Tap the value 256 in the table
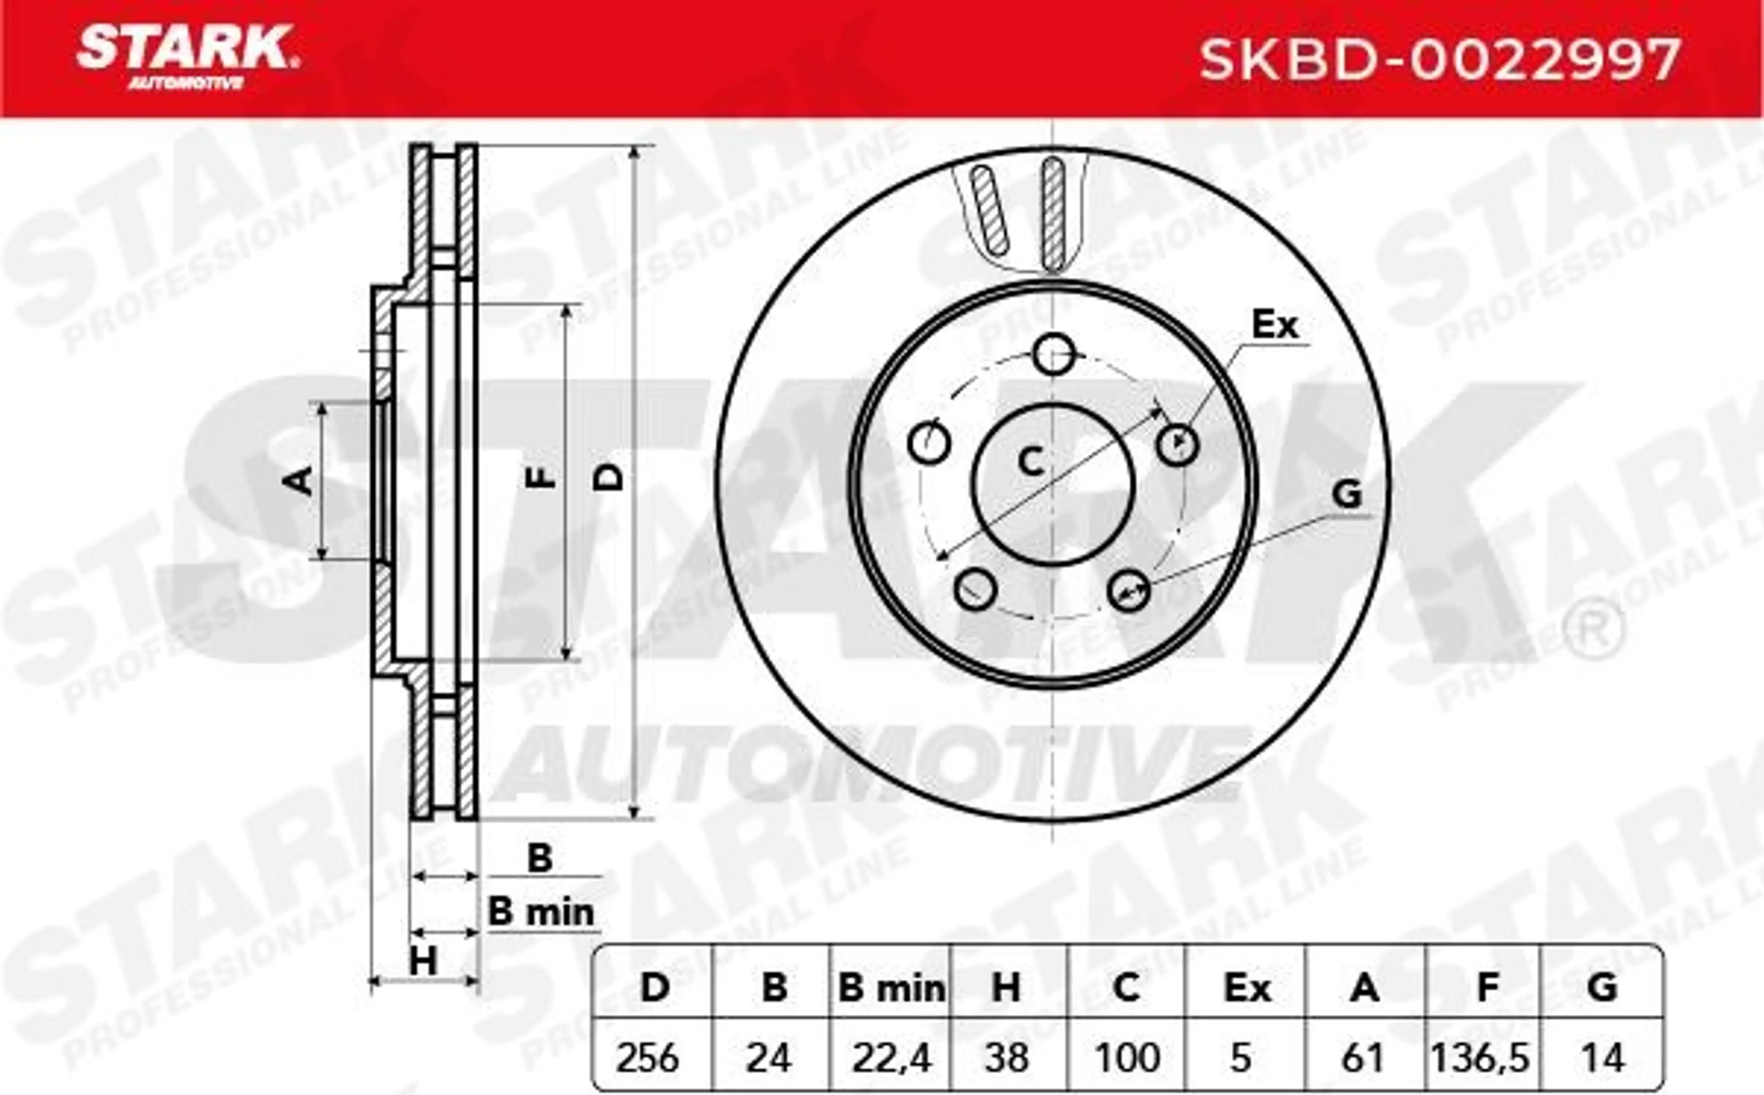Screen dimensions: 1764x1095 click(x=648, y=1058)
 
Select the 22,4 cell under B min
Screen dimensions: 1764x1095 click(x=890, y=1059)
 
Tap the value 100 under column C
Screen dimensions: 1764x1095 click(x=1126, y=1058)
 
